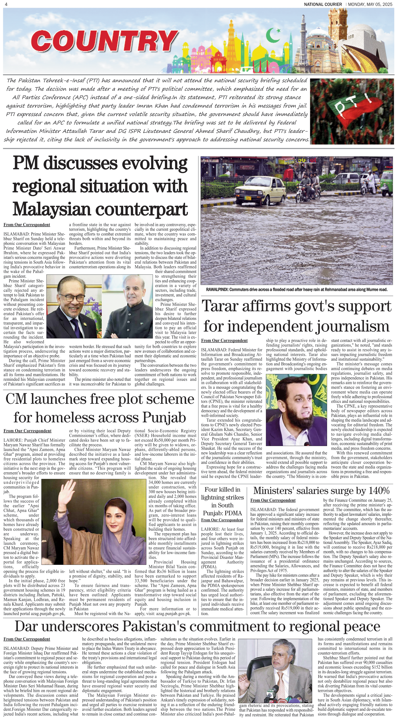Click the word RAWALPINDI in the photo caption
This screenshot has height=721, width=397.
coord(217,289)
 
